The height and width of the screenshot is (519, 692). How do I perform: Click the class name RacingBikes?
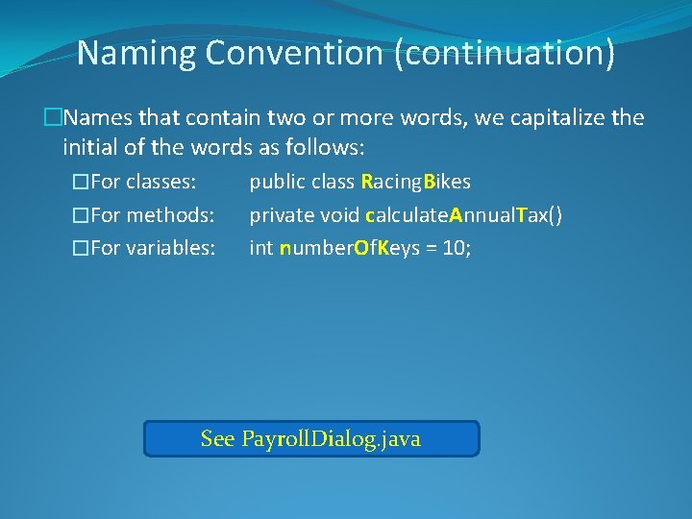pyautogui.click(x=415, y=182)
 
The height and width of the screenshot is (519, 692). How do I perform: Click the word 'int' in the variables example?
pyautogui.click(x=260, y=248)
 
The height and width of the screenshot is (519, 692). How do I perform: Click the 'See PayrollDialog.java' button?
pyautogui.click(x=310, y=439)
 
